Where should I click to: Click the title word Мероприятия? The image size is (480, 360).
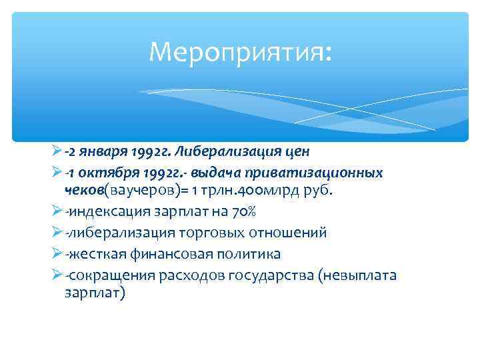(x=239, y=51)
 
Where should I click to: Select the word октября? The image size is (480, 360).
(x=107, y=173)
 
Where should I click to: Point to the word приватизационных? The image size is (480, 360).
(x=327, y=173)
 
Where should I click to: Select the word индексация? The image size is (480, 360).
(x=104, y=212)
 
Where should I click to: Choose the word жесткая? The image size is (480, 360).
(x=94, y=254)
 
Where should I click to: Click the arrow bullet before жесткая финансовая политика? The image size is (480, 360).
(x=56, y=254)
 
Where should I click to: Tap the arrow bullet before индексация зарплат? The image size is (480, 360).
(x=56, y=212)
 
